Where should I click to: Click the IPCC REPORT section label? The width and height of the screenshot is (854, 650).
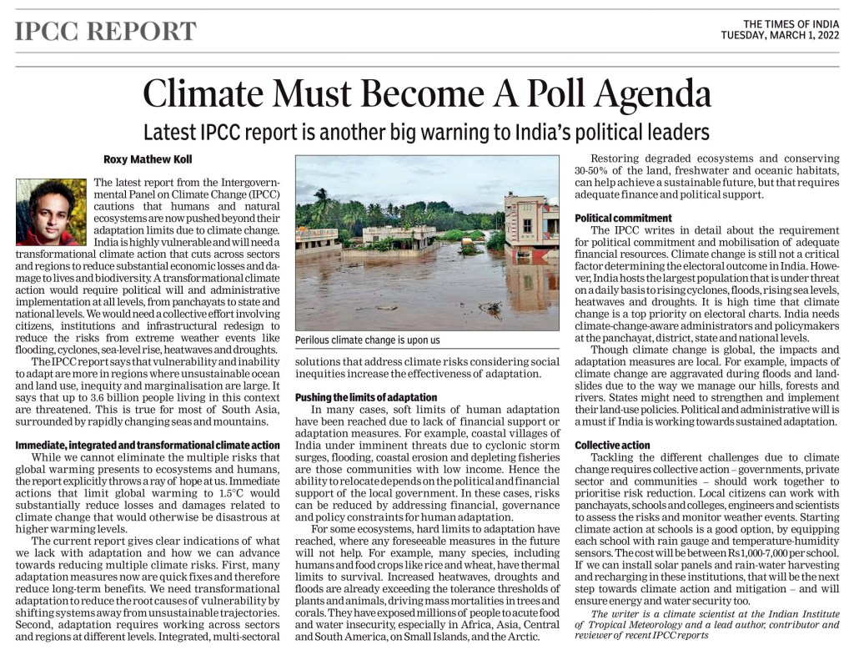[x=106, y=32]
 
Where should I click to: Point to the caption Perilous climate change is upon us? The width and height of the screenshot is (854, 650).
[x=368, y=340]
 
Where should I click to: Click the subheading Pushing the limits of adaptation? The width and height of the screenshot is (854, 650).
[x=367, y=397]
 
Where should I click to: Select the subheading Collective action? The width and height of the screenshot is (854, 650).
[x=612, y=446]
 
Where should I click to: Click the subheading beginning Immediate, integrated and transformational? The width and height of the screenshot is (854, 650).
[x=148, y=446]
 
